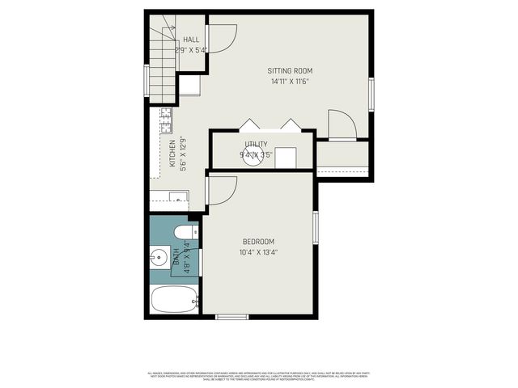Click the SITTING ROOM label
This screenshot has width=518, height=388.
(290, 70)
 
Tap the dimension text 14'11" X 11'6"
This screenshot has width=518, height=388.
(290, 81)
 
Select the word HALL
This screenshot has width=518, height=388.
(191, 40)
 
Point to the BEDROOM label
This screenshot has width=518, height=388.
(258, 242)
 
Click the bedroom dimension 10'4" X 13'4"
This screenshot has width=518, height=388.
(258, 252)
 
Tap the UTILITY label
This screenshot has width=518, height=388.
(256, 145)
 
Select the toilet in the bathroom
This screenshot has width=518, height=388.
(183, 233)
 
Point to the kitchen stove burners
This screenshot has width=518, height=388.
(165, 120)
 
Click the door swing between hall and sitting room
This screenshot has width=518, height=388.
(221, 38)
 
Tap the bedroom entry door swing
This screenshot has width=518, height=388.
(220, 190)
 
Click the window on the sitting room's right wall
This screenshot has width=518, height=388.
(371, 93)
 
